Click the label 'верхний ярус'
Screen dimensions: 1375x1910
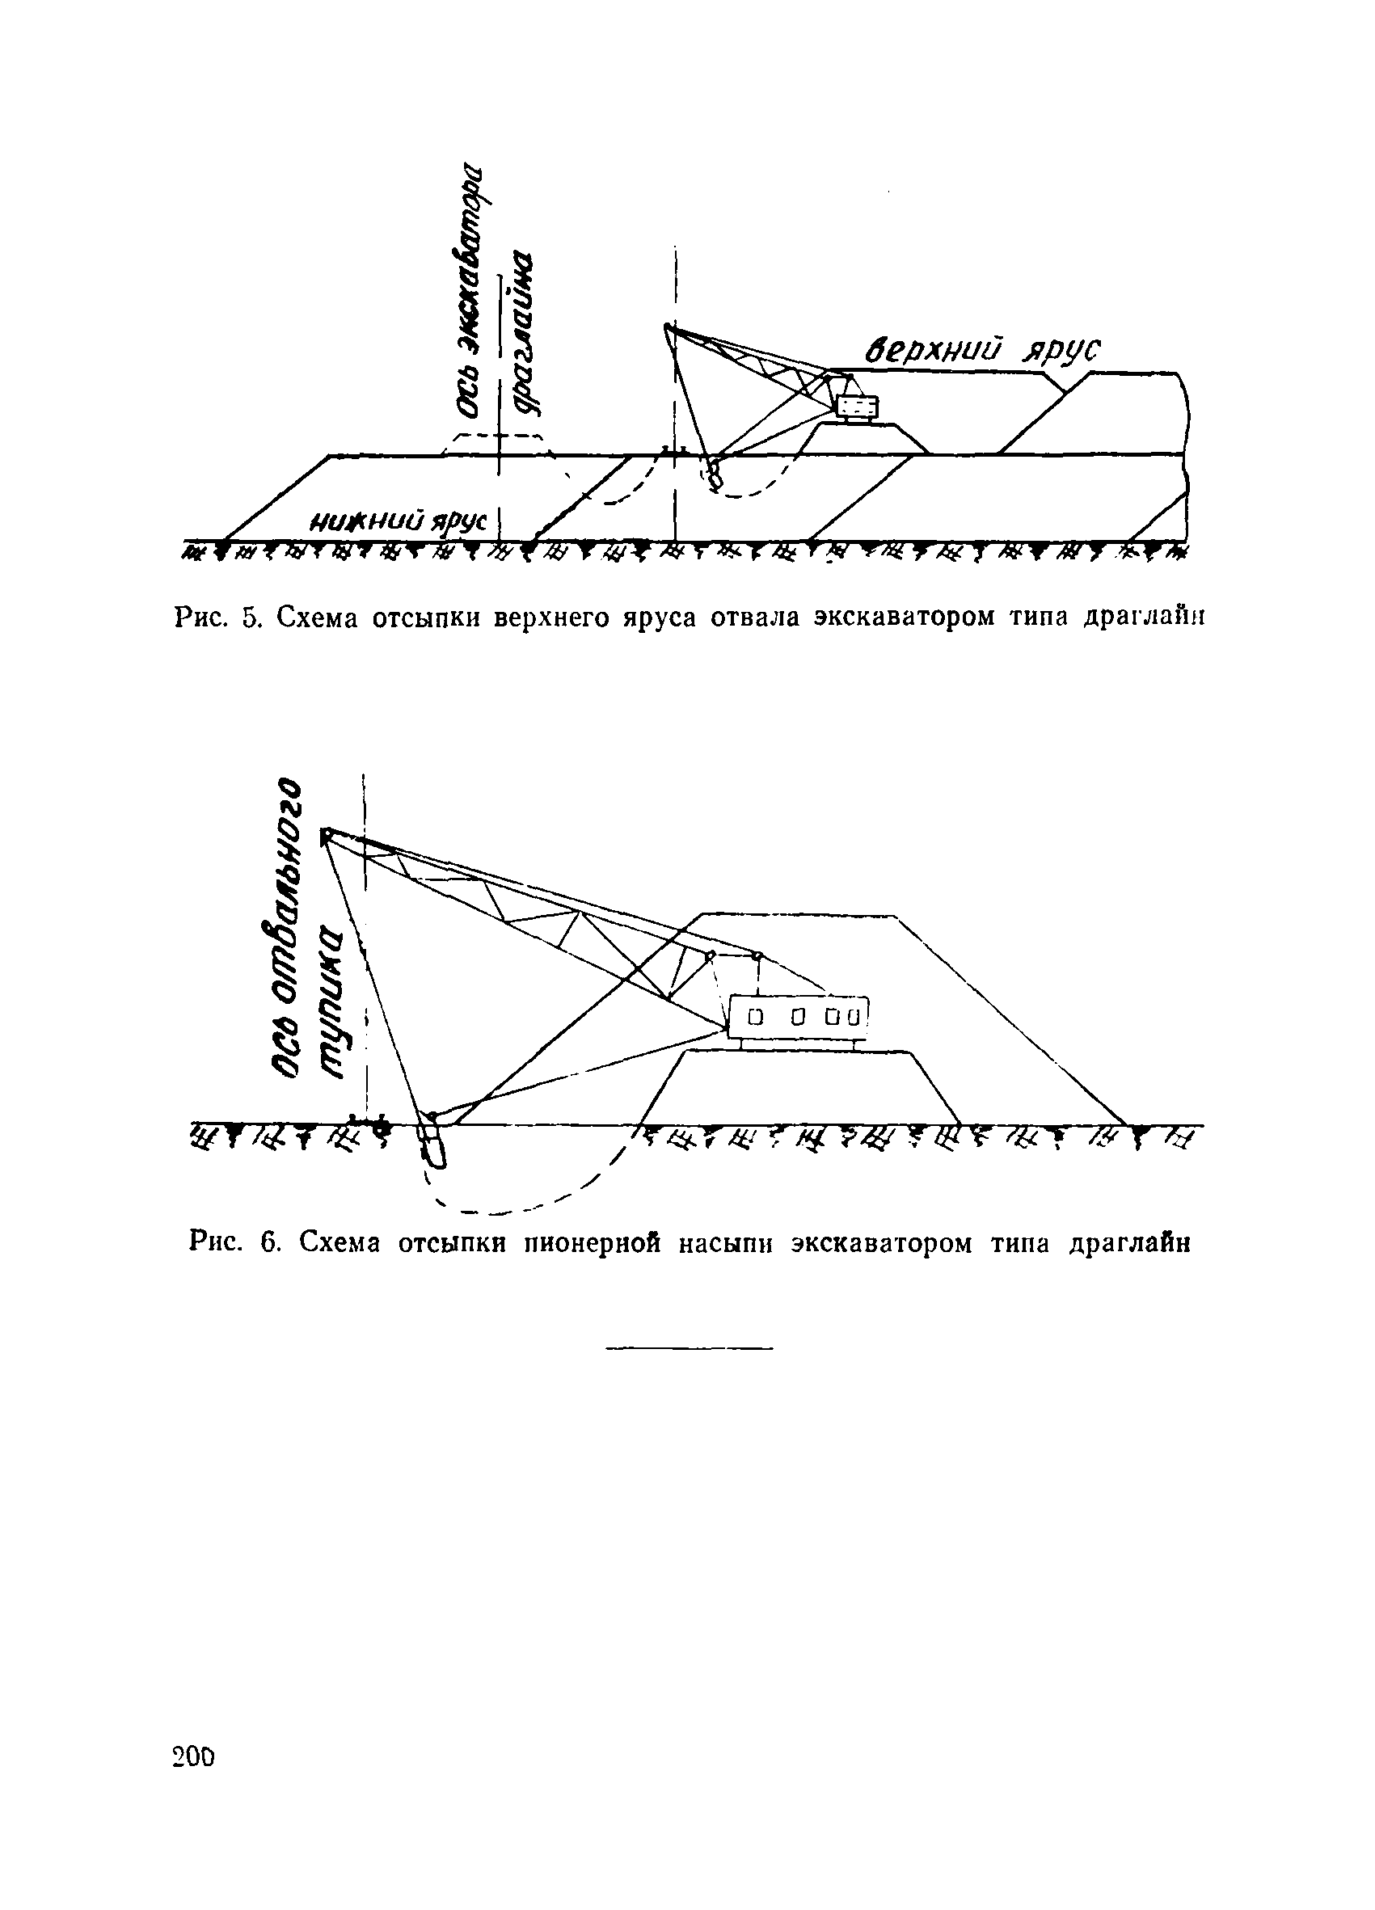pyautogui.click(x=985, y=350)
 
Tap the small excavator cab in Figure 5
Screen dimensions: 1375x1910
pyautogui.click(x=857, y=407)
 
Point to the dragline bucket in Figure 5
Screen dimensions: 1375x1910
pyautogui.click(x=715, y=476)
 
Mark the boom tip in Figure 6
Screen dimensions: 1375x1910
pyautogui.click(x=325, y=835)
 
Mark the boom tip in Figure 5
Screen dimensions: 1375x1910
pyautogui.click(x=668, y=327)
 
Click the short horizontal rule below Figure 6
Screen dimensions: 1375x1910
pyautogui.click(x=688, y=1350)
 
